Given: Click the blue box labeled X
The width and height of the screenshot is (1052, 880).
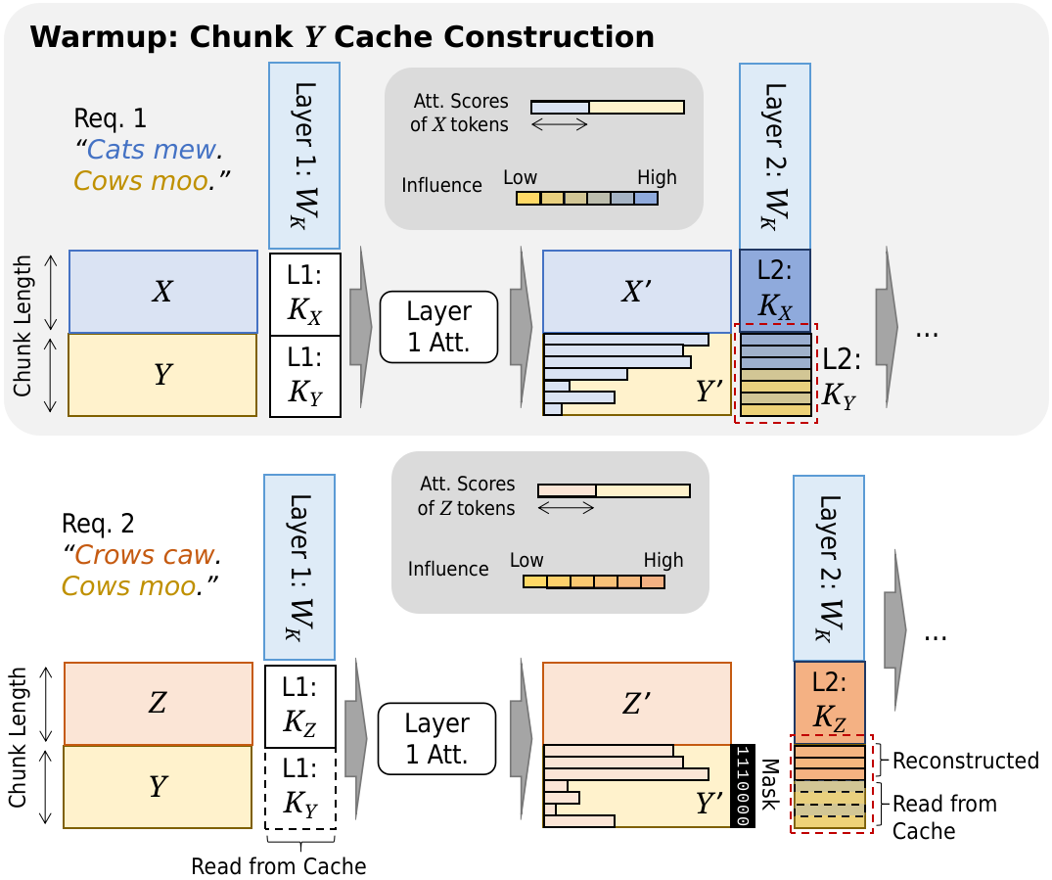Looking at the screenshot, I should (x=163, y=292).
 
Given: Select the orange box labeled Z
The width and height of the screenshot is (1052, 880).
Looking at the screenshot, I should (x=159, y=704).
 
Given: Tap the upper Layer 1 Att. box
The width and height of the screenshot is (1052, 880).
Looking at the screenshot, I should (x=438, y=327).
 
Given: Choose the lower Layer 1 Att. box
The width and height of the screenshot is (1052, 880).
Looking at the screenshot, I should (x=436, y=738).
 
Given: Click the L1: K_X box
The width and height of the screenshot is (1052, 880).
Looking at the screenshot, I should (x=305, y=294).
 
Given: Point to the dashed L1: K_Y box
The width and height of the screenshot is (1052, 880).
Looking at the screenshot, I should (x=300, y=789).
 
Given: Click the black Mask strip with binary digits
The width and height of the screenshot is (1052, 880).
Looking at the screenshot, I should (x=741, y=786).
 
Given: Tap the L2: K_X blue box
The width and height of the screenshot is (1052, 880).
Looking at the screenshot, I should (x=775, y=292).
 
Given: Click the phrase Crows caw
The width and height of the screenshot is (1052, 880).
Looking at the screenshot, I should (x=144, y=555).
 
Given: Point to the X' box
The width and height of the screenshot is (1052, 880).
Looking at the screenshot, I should (x=636, y=292).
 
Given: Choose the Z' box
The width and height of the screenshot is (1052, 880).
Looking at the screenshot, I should (x=636, y=703).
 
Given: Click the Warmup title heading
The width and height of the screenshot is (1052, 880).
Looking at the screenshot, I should (x=342, y=37).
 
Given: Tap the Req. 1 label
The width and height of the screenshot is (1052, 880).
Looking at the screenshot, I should (x=110, y=118).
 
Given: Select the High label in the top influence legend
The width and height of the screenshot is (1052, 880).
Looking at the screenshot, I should (x=657, y=177).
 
